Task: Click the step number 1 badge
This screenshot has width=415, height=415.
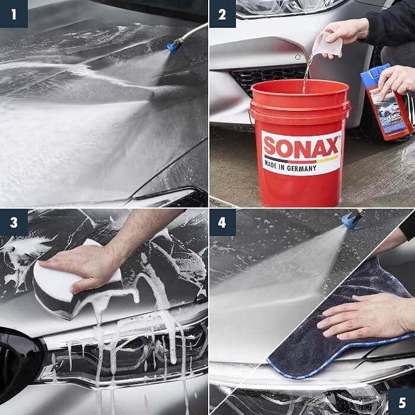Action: pos(14,14)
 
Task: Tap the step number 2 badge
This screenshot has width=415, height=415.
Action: pos(222,14)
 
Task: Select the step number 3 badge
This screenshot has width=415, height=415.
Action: pos(14,222)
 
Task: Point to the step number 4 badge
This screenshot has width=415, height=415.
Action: pos(222,222)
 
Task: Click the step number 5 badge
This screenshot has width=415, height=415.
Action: pos(401,401)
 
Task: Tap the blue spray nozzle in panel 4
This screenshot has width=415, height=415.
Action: pos(352,221)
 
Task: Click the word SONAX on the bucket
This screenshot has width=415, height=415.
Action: pos(301,148)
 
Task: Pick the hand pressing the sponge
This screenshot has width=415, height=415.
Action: pos(89,264)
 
